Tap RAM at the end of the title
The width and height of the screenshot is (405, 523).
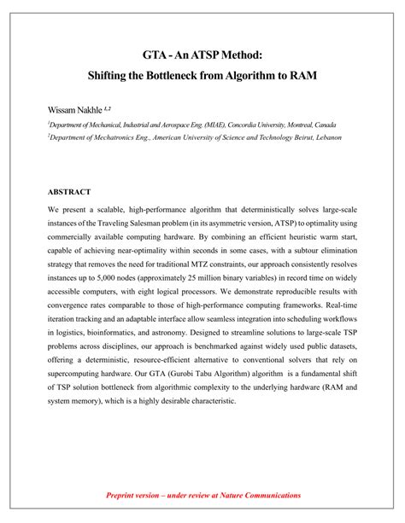302,76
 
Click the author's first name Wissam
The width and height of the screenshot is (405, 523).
62,110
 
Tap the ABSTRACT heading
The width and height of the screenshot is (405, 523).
69,192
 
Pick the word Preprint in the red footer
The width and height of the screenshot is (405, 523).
124,496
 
